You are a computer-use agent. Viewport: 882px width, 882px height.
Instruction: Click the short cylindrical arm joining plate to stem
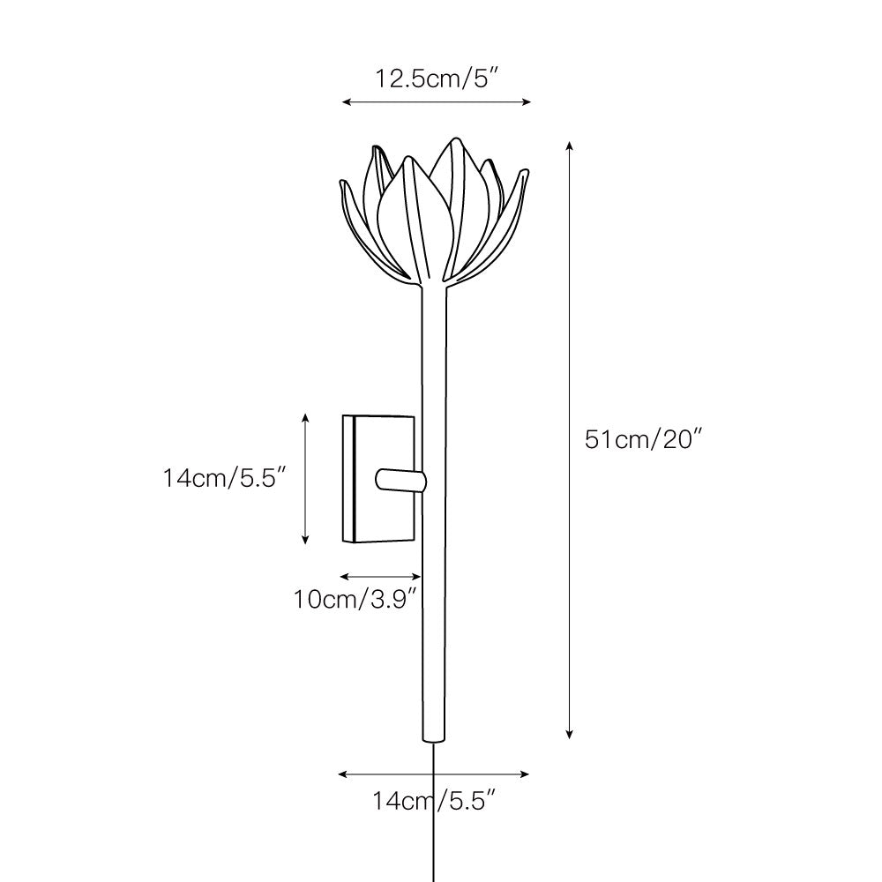(x=400, y=480)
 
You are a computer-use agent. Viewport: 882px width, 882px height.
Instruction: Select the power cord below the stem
(x=433, y=811)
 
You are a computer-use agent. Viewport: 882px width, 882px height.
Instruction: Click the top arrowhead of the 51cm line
(x=570, y=143)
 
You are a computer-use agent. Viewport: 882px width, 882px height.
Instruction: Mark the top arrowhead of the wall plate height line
(x=305, y=415)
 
